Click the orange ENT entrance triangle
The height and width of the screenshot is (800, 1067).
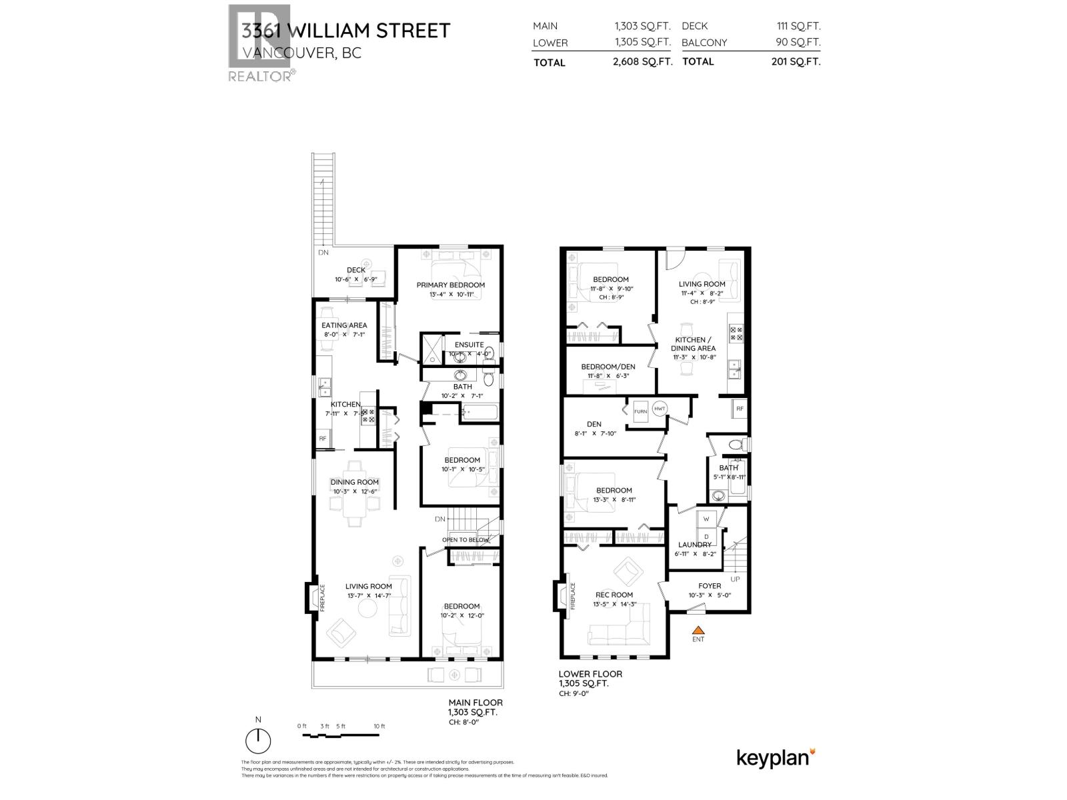698,629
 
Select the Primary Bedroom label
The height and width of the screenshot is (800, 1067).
450,285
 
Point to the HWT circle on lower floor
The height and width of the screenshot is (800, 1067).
660,409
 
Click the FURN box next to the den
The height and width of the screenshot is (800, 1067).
640,411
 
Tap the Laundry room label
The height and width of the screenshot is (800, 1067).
694,545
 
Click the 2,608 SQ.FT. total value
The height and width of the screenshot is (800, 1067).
642,61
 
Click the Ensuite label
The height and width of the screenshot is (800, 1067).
469,345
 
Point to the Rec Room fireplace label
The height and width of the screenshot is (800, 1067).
572,596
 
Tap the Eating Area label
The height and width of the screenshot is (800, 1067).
344,325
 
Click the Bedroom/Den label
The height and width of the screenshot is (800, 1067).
608,367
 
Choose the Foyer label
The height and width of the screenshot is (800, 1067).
710,586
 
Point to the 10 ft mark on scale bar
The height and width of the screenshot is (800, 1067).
379,727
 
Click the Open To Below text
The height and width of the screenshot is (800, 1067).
465,540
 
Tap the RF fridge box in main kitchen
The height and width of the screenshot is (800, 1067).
323,439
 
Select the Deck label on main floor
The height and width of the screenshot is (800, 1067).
355,270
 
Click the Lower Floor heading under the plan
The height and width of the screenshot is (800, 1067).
590,674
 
